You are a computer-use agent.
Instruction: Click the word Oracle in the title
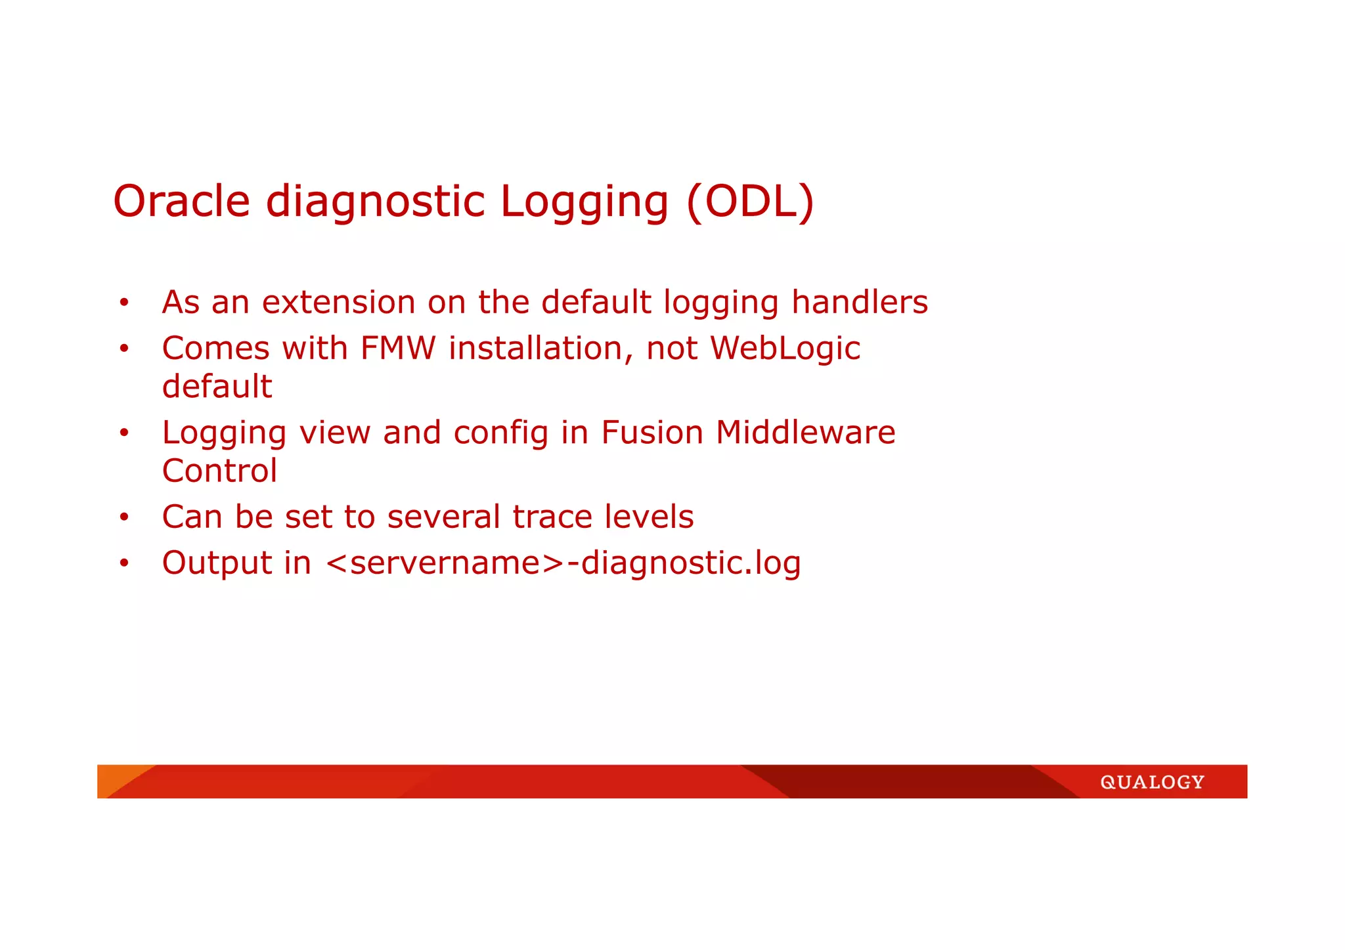[181, 201]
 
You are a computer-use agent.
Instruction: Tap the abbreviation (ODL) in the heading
[750, 201]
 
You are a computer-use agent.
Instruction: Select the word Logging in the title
[584, 202]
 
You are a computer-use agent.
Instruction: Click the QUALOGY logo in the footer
[1152, 782]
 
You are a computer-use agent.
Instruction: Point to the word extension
[338, 303]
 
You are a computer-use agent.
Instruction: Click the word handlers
[859, 303]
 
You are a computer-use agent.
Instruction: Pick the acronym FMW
[397, 348]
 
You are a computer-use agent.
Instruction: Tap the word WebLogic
[785, 348]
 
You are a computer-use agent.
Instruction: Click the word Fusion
[651, 433]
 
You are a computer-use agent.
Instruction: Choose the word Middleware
[805, 433]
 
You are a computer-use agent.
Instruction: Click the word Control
[219, 471]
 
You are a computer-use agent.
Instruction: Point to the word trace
[552, 517]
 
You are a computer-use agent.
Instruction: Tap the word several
[443, 517]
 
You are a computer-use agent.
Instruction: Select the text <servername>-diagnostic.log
[563, 563]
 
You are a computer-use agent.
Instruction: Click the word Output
[217, 563]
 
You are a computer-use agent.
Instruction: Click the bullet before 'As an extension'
[123, 303]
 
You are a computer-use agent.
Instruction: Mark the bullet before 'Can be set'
[123, 517]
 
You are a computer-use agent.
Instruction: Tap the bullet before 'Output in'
[123, 563]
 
